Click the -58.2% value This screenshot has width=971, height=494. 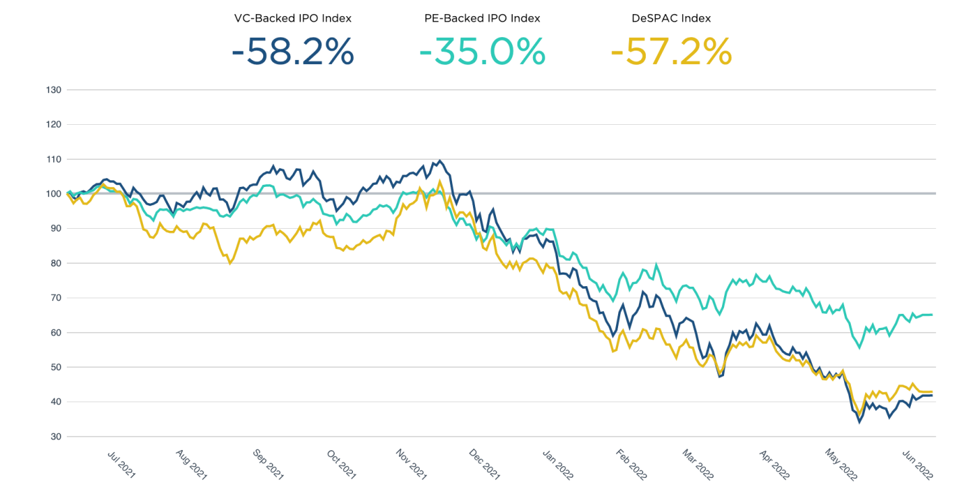click(x=292, y=51)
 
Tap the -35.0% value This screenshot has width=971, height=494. click(x=482, y=51)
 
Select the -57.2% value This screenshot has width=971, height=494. click(x=671, y=51)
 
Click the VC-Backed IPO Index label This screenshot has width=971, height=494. click(x=292, y=18)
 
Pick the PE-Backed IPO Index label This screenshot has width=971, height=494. click(x=482, y=18)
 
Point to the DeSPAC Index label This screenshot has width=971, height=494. click(x=671, y=18)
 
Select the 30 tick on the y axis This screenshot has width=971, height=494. click(x=55, y=437)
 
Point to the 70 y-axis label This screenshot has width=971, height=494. click(x=55, y=298)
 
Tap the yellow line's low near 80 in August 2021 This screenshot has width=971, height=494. click(x=230, y=263)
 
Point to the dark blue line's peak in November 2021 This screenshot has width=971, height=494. click(x=440, y=161)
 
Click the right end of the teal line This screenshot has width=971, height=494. click(x=932, y=314)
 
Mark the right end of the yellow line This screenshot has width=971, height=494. click(x=932, y=391)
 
